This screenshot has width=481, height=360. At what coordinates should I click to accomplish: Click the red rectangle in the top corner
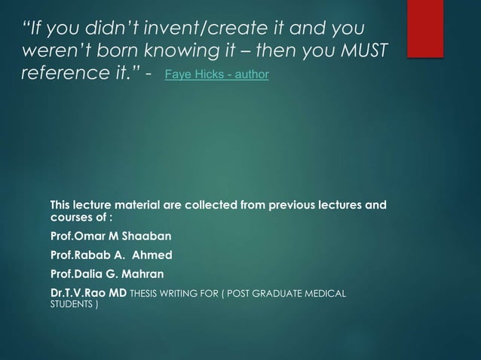click(434, 16)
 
